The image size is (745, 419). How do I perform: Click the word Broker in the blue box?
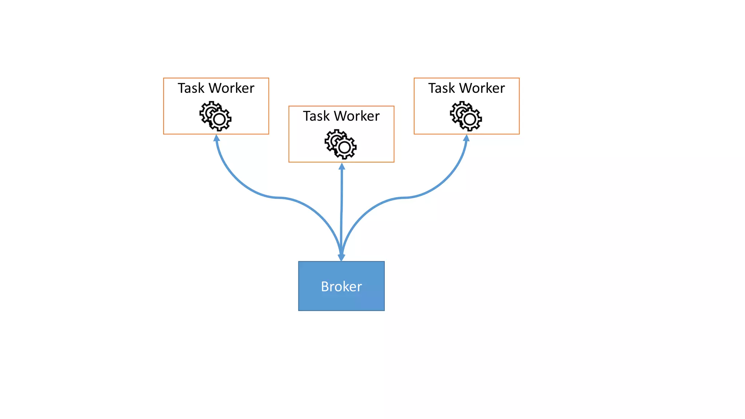click(x=341, y=287)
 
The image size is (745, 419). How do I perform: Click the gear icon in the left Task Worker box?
click(x=215, y=116)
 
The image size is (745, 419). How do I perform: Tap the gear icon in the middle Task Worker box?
click(x=340, y=144)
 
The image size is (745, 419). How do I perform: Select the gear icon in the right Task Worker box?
click(x=466, y=116)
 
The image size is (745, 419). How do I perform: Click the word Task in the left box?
click(x=191, y=88)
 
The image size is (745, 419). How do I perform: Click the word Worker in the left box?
click(x=231, y=88)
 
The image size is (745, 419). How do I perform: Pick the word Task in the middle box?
click(x=316, y=116)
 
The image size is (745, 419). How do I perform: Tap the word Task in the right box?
click(x=441, y=88)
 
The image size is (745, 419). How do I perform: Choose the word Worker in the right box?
click(x=482, y=88)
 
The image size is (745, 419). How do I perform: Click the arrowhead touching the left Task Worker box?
click(x=216, y=138)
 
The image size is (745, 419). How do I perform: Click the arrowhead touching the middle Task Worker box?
click(x=342, y=167)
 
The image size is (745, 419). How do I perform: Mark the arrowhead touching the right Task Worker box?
click(x=466, y=138)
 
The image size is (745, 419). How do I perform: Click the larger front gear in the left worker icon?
click(x=219, y=119)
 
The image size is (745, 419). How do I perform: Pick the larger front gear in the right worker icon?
click(x=470, y=119)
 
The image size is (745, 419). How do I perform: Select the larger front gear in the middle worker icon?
click(x=344, y=147)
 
